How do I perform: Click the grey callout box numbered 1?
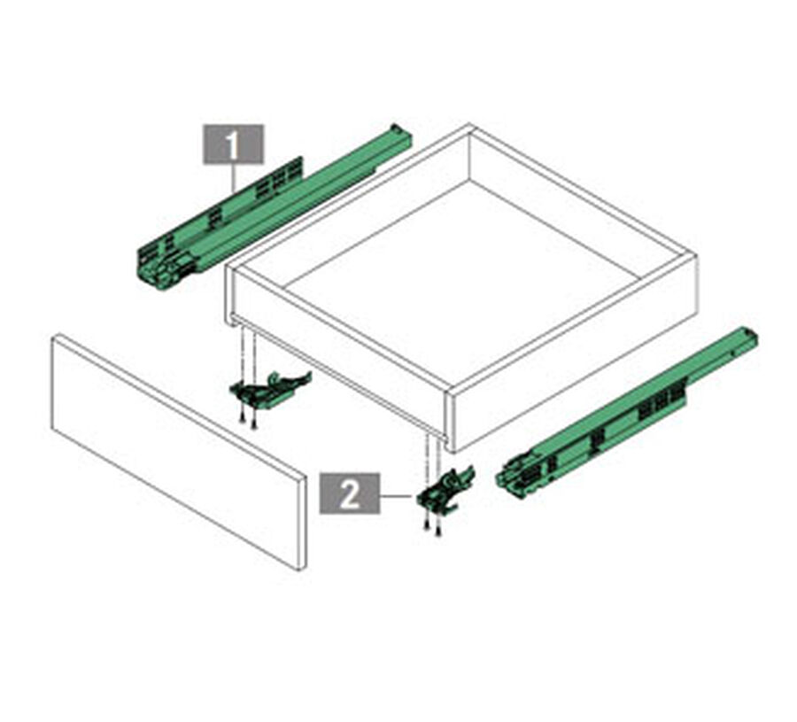(233, 144)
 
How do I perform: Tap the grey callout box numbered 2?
(349, 493)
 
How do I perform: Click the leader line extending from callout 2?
(396, 494)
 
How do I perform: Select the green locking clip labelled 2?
(445, 493)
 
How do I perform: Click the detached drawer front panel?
(179, 452)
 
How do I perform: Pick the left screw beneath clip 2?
(427, 524)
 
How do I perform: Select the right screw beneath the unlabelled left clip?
(254, 423)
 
